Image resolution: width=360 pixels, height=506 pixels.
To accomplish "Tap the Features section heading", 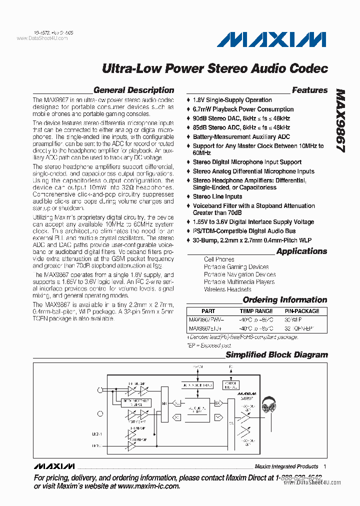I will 309,90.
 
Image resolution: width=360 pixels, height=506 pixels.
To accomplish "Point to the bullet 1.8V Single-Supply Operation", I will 232,100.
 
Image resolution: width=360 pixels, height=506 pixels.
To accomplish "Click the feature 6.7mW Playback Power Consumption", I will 243,109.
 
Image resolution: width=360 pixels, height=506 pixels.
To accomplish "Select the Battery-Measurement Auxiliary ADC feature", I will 241,136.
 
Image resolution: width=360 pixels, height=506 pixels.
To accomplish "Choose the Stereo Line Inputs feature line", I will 217,196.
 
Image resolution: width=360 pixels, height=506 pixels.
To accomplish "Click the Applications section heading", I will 301,251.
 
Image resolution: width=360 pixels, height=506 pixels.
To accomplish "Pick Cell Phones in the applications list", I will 219,259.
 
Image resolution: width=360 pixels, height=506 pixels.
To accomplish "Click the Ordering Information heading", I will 285,300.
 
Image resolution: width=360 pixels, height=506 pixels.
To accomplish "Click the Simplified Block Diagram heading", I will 276,355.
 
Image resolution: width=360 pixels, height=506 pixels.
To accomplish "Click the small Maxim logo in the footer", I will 54,466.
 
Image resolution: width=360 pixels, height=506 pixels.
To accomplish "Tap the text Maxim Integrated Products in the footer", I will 286,466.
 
